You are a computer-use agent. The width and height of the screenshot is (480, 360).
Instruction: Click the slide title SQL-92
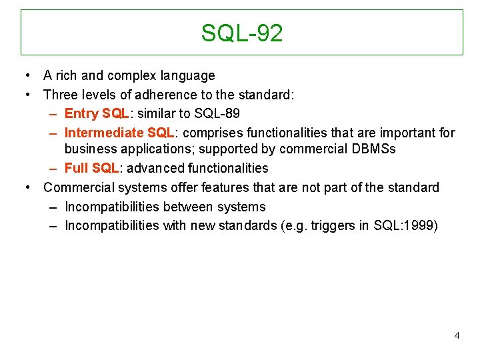click(x=242, y=33)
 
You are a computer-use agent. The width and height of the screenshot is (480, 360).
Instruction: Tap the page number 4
click(x=457, y=335)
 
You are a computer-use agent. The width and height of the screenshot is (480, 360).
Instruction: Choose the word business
click(x=90, y=149)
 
